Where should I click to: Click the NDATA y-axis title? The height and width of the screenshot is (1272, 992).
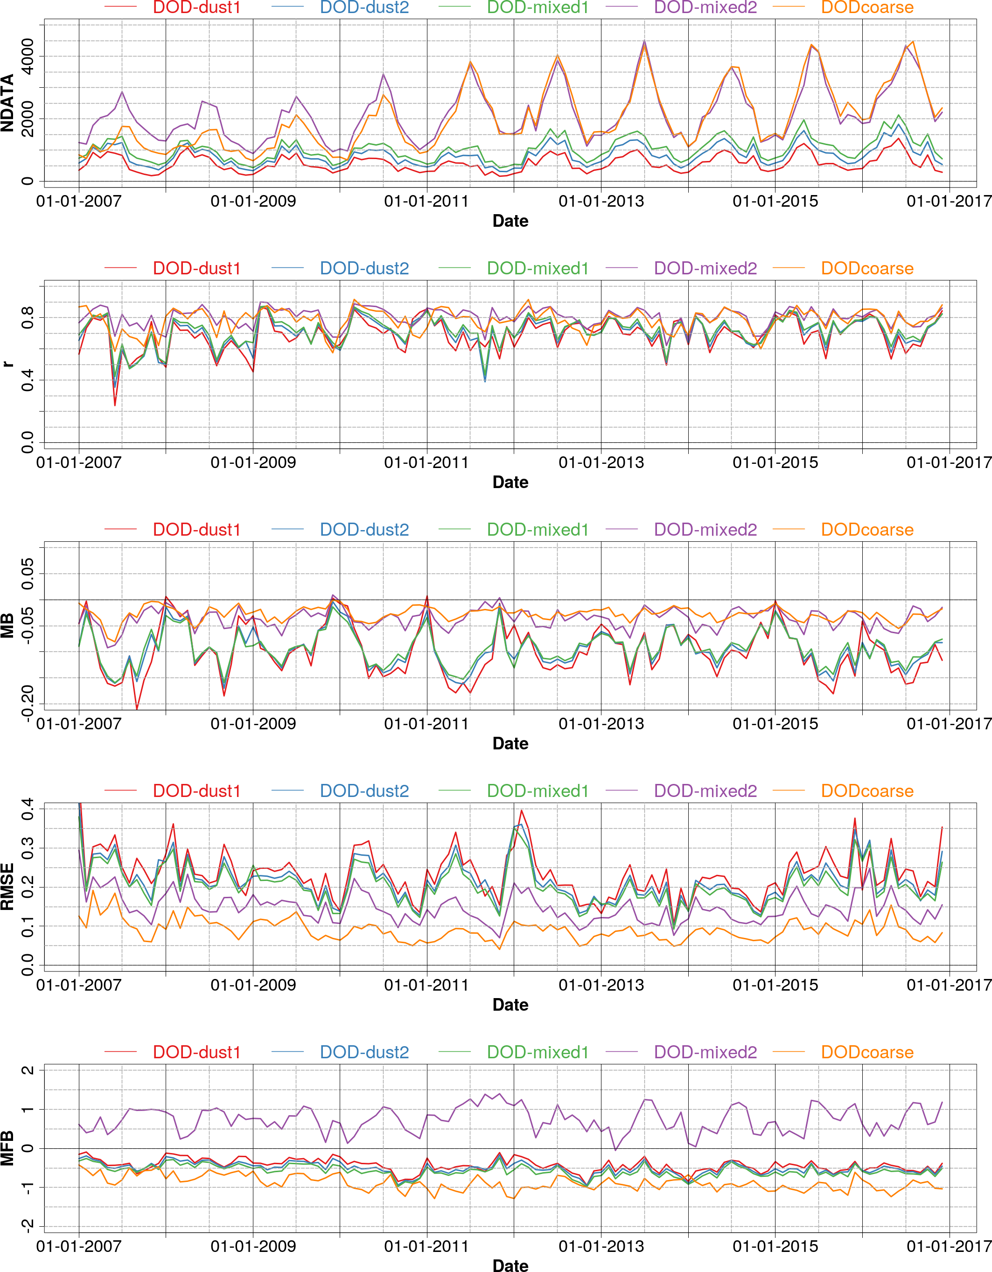point(7,103)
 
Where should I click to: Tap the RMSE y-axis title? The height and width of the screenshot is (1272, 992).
point(7,887)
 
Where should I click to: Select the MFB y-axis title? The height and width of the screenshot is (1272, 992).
point(7,1148)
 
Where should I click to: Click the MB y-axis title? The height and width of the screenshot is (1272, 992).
point(7,626)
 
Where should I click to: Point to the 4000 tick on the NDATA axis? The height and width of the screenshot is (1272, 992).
point(27,56)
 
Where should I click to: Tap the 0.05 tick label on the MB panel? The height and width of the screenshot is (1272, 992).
point(27,573)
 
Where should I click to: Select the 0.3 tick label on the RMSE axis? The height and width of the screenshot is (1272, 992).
point(27,848)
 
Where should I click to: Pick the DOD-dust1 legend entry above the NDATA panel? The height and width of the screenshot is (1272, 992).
point(196,7)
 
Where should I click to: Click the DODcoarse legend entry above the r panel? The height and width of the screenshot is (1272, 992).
point(867,268)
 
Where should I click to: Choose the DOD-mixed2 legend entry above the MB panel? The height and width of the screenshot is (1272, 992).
point(705,530)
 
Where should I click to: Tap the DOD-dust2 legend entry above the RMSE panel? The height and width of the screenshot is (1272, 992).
point(364,791)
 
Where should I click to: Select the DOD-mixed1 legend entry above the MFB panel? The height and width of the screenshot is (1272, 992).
point(537,1052)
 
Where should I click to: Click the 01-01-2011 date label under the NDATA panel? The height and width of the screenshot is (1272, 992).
point(426,202)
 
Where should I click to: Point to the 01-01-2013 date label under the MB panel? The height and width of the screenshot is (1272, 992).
point(601,724)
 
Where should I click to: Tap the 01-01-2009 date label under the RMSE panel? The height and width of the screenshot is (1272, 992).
point(253,985)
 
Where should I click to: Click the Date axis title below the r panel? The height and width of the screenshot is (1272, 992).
point(510,482)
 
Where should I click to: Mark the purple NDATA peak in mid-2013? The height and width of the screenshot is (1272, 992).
point(644,41)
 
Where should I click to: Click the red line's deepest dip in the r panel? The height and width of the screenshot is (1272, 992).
point(115,405)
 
